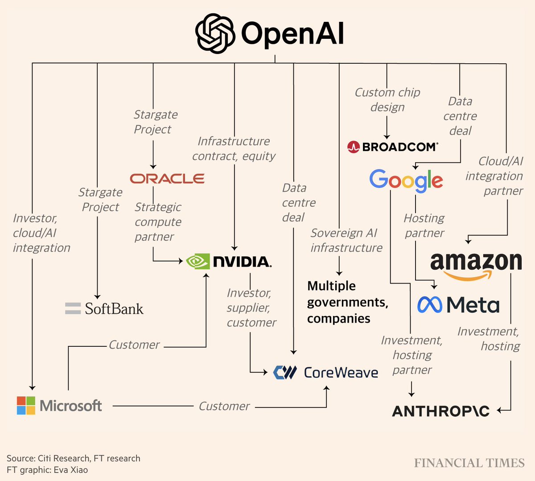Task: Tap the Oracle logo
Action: pos(167,178)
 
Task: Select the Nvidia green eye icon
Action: pos(198,261)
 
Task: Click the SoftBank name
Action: pos(114,308)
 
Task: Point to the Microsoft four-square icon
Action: pos(26,405)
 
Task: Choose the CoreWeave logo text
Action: pos(341,373)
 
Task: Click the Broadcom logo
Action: pos(393,147)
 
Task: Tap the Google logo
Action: pos(406,180)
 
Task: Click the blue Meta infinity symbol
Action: pos(429,305)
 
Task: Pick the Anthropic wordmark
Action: pos(440,411)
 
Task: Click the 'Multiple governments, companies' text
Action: pos(347,302)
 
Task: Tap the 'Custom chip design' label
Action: pos(387,99)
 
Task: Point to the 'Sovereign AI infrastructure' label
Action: pos(346,240)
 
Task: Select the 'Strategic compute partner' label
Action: pos(158,222)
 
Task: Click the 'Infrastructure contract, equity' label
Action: pos(234,148)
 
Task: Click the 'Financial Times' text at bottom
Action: pos(469,463)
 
